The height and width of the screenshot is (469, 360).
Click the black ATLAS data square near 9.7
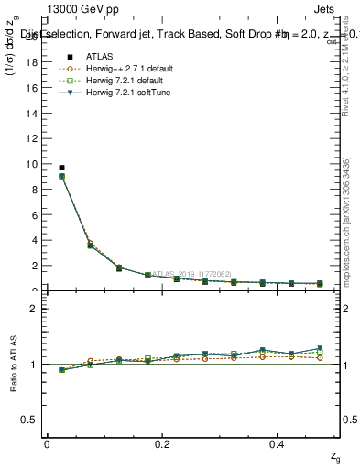(61, 168)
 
